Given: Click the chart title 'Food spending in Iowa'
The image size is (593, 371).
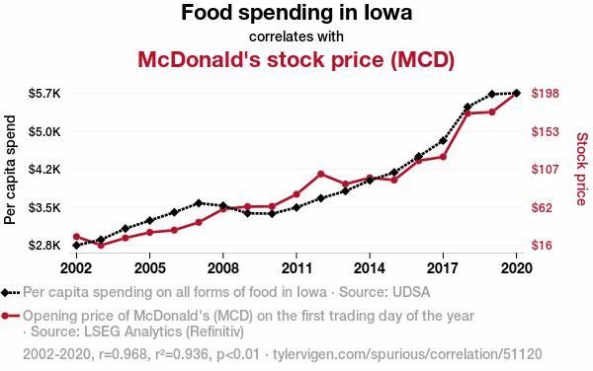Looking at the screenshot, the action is pos(296,13).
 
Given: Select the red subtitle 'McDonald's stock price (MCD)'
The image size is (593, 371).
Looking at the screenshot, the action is pos(296,59).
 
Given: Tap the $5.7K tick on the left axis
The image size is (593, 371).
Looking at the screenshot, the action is pos(44,93).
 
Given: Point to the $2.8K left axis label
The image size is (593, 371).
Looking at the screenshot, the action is pos(44,246).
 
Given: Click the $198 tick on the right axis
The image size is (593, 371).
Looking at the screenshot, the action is pos(545,93).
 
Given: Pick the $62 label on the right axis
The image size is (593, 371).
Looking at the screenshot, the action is pos(542,207).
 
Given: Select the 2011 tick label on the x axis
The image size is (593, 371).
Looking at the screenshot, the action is pos(296,268).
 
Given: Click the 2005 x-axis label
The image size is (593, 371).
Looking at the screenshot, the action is pos(150,268).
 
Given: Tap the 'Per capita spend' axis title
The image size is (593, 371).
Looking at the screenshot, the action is pos(10,170).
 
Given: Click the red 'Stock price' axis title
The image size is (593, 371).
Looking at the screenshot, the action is pos(582,169).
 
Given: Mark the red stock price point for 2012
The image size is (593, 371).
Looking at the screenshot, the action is pos(321,174).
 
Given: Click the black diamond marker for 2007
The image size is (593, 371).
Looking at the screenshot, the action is pos(199,203).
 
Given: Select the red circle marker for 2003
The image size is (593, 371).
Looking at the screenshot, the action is pos(101,246).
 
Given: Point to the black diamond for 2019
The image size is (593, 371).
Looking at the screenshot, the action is pos(492,94).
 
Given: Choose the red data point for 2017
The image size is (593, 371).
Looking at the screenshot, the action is pos(443,157).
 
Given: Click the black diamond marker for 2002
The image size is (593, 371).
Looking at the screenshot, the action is pos(76,246).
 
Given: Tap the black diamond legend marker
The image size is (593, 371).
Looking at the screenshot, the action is pos(5,293).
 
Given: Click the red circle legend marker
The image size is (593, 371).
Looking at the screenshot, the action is pos(5,316).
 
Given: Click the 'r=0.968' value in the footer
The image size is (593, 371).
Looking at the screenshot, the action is pos(123,354).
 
